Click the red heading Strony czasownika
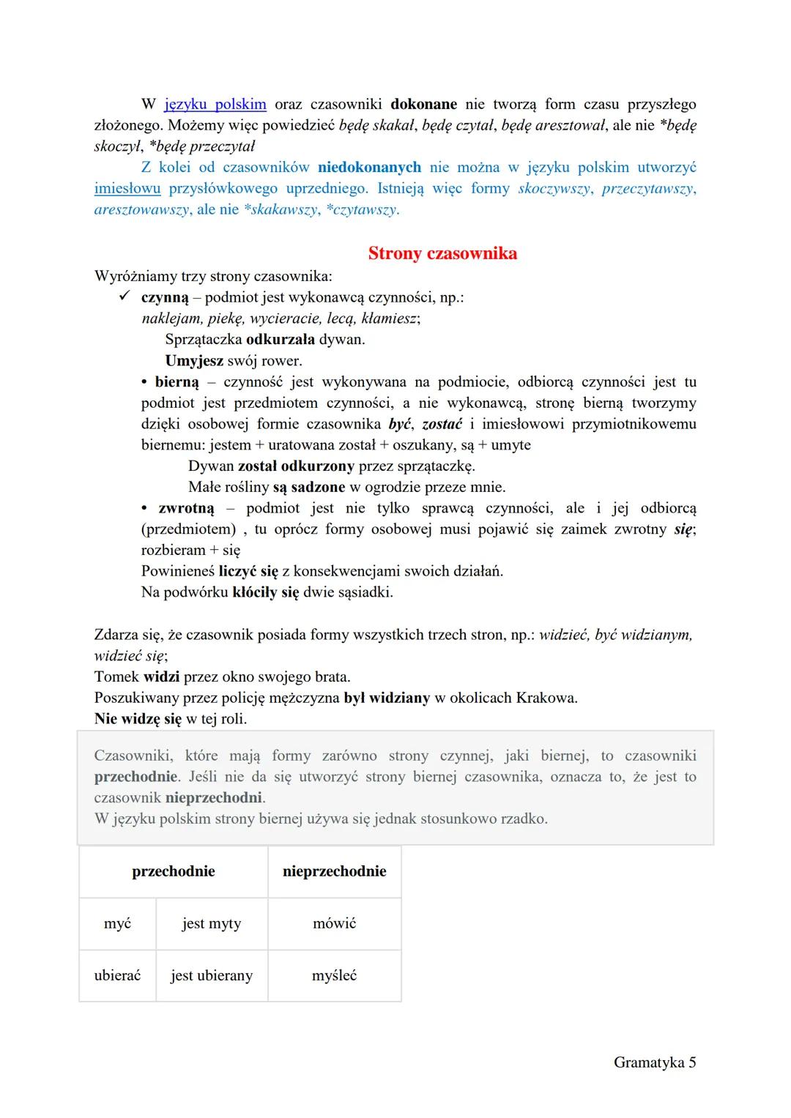442,253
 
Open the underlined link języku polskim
215,104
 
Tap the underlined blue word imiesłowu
127,188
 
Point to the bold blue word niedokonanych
369,167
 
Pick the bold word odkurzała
281,339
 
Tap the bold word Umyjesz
194,360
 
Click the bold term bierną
177,381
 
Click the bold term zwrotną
186,508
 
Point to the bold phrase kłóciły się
265,592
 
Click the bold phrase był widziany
387,697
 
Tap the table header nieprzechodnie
334,871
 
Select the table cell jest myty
211,923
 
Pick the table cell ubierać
117,975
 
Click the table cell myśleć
334,975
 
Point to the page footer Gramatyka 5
654,1062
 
